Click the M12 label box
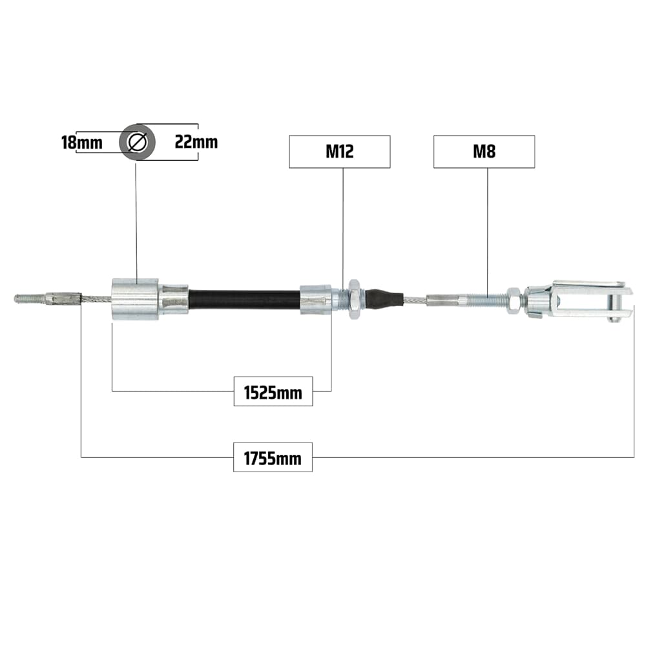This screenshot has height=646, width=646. pos(340,152)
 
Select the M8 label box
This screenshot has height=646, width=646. pos(484,152)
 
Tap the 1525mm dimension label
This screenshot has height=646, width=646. pos(273,391)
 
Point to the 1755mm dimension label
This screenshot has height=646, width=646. pos(273,457)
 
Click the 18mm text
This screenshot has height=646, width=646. pos(81,142)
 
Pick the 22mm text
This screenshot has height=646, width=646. pos(196,142)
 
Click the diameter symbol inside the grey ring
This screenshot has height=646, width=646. pos(137,142)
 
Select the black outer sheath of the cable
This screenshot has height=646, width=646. pos(244,300)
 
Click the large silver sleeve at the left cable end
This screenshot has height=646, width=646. pos(135,299)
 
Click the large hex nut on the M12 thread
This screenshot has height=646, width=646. pos(354,298)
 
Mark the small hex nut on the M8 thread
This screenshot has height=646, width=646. pos(513,300)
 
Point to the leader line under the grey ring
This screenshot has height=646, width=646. pos(136,220)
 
